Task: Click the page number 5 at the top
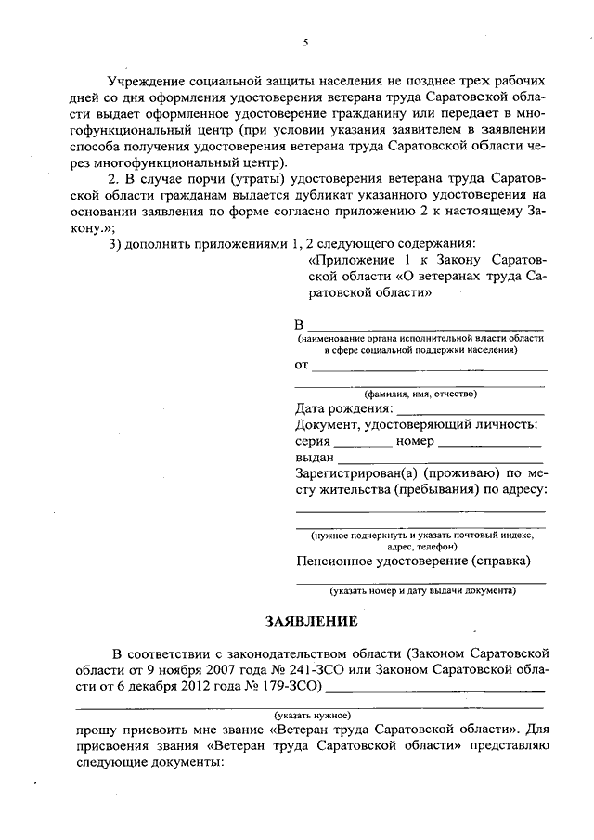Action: (x=304, y=42)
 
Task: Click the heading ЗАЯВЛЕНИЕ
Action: (x=310, y=619)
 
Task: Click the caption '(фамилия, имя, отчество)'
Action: (x=420, y=394)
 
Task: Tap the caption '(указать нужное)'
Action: (x=312, y=716)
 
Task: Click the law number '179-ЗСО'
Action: (x=291, y=687)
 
